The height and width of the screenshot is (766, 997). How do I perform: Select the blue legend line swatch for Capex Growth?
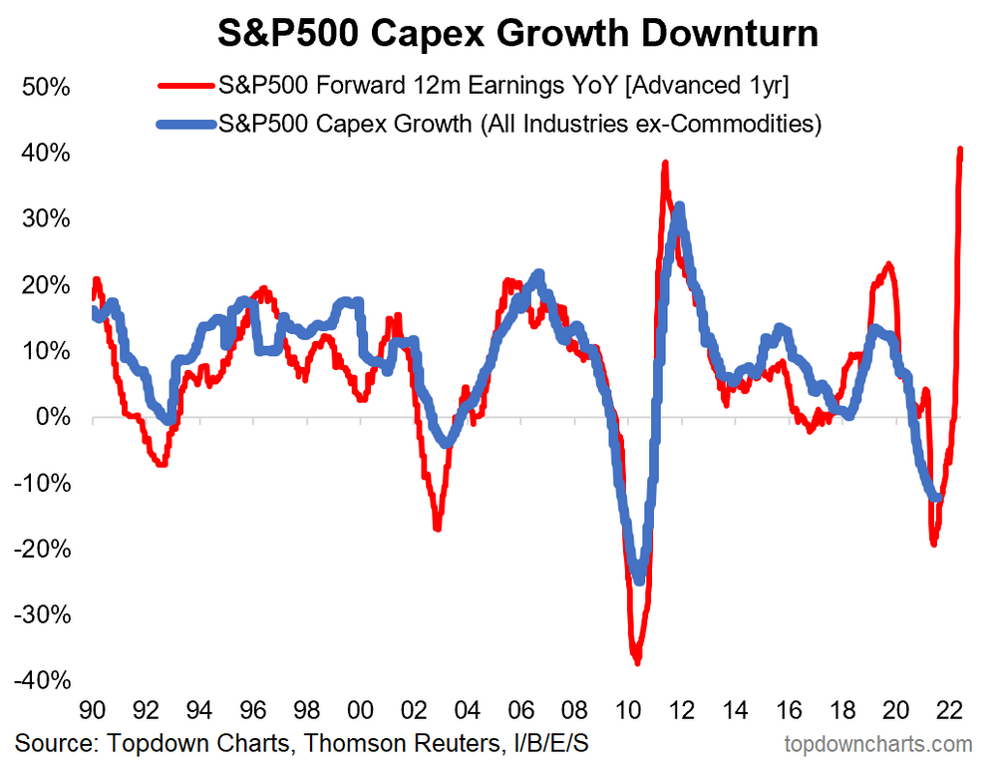click(189, 126)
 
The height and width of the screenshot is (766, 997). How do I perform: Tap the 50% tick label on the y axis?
click(45, 88)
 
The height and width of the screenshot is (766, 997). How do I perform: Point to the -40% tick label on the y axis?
click(41, 680)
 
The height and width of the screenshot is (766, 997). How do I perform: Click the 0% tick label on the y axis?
click(51, 417)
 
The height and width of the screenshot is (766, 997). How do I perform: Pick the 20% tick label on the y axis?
click(45, 285)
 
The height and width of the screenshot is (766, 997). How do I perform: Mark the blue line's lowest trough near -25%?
click(639, 579)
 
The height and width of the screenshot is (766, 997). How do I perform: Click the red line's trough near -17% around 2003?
click(437, 527)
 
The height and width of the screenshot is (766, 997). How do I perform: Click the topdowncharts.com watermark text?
click(878, 743)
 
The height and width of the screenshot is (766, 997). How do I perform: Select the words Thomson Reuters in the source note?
click(369, 743)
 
